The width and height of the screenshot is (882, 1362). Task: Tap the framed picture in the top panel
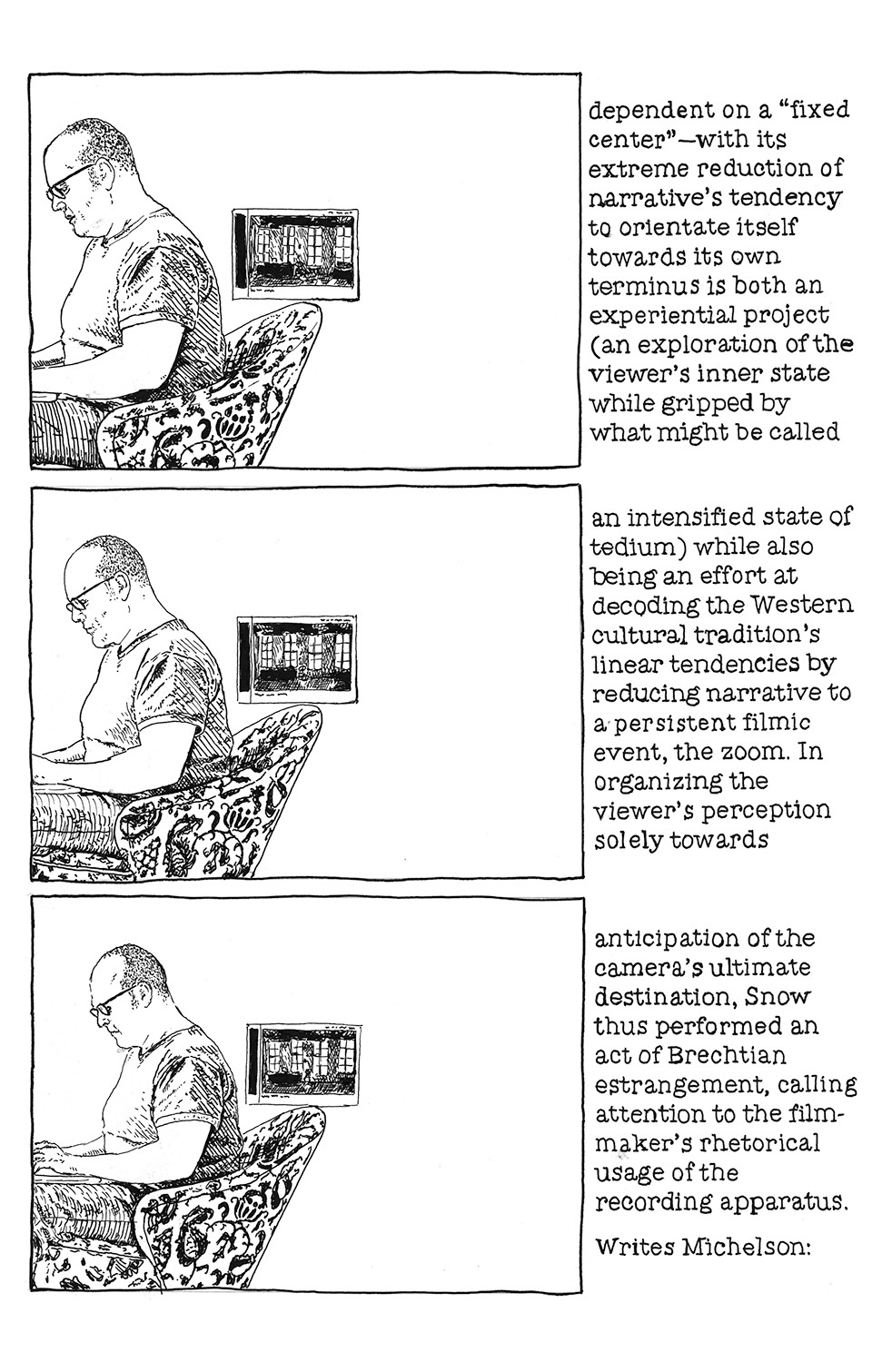click(292, 254)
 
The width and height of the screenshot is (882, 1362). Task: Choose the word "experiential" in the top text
click(669, 315)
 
